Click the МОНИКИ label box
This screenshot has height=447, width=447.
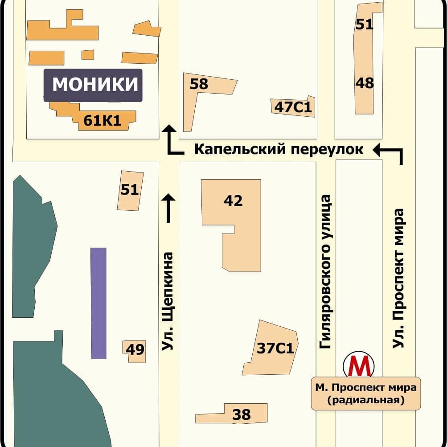click(x=93, y=85)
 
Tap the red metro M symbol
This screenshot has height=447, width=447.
click(x=359, y=366)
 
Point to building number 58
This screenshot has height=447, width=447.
click(x=198, y=85)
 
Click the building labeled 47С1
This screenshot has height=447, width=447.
click(x=293, y=107)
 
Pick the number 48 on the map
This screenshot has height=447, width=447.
click(x=365, y=83)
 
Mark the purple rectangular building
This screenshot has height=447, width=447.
click(x=98, y=303)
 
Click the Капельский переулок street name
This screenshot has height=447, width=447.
click(x=279, y=150)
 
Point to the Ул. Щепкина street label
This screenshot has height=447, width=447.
click(x=168, y=301)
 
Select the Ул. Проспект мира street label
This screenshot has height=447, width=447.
click(x=398, y=278)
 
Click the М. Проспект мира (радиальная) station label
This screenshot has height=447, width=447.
click(x=365, y=394)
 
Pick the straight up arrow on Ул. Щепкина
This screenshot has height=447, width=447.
click(x=168, y=208)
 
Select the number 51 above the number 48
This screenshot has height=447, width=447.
click(x=364, y=25)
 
